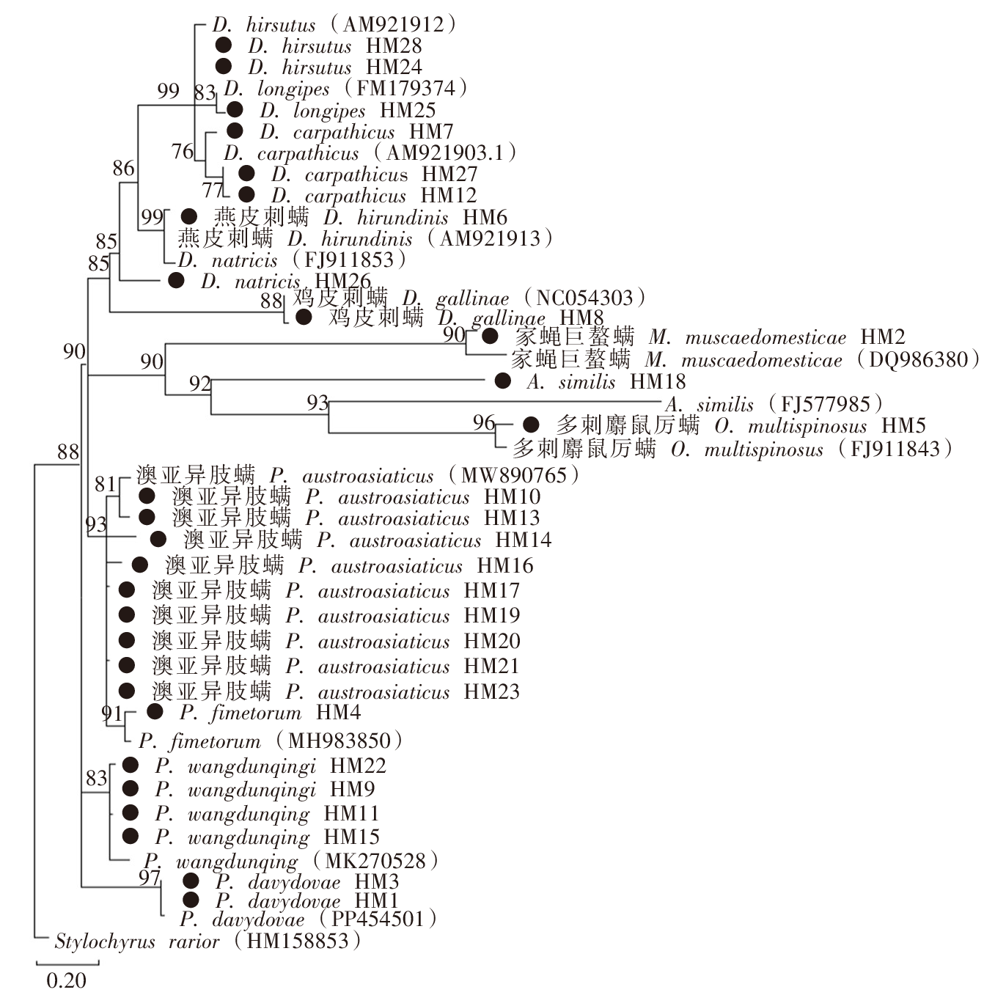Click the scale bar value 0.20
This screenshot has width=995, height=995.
pos(66,980)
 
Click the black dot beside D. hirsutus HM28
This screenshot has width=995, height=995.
pos(224,45)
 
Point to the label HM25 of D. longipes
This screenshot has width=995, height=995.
pos(408,111)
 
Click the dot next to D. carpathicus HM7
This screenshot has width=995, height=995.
pos(235,131)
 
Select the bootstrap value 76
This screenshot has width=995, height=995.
pos(183,152)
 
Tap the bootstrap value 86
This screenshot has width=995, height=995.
pos(124,169)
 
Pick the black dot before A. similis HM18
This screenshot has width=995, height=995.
pos(502,381)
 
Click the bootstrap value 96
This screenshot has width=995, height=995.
pos(484,422)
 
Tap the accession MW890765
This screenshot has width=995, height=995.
pos(514,475)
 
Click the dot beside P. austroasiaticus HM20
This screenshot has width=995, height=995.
pos(127,641)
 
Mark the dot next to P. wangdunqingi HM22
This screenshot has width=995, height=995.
pos(131,765)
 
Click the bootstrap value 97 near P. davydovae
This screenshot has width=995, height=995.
pos(150,877)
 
